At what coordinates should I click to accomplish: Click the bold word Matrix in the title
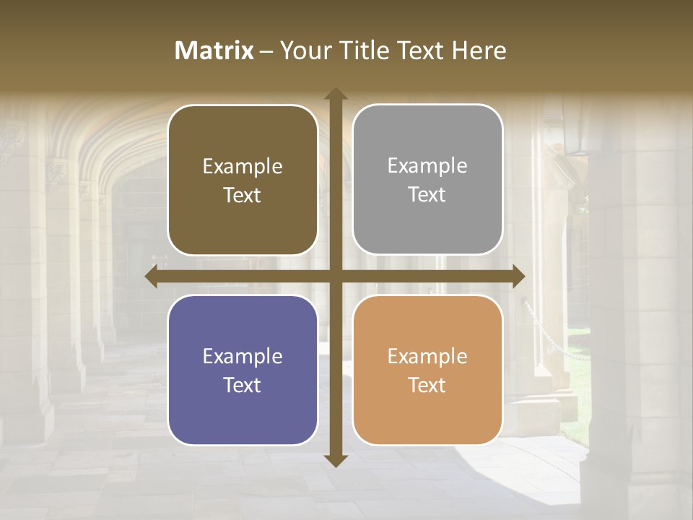tap(214, 51)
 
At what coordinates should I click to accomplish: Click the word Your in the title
tap(304, 51)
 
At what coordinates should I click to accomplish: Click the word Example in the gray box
tap(427, 166)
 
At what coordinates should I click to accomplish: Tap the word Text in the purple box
tap(243, 385)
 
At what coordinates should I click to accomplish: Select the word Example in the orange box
tap(427, 356)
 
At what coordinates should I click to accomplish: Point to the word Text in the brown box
tap(243, 195)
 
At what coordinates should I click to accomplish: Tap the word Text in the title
tap(419, 51)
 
